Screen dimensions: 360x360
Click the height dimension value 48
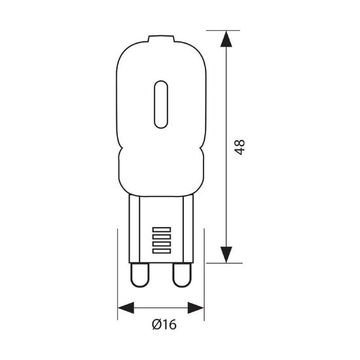pos(240,147)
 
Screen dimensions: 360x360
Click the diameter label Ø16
pos(164,325)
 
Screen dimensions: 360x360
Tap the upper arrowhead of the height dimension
pos(226,39)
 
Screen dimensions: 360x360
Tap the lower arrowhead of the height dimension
pos(226,255)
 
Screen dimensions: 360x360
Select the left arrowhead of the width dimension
pos(126,308)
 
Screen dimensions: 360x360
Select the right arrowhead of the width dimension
pos(196,308)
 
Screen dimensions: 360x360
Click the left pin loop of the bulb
pos(139,275)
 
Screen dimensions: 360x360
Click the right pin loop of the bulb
pos(182,275)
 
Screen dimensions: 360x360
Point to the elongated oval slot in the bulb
pos(161,105)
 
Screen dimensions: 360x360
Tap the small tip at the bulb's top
pos(161,39)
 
